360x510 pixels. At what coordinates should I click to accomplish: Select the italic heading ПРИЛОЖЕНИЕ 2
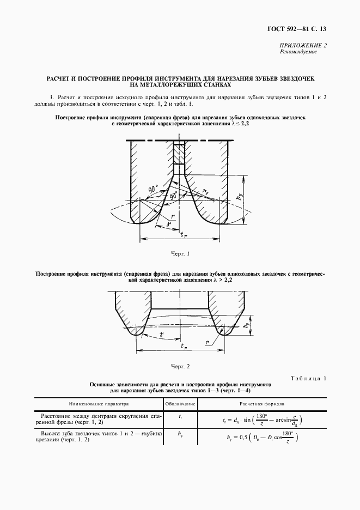click(303, 45)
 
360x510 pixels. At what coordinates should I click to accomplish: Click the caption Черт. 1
click(180, 254)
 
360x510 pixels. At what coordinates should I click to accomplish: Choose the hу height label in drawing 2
click(247, 324)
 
